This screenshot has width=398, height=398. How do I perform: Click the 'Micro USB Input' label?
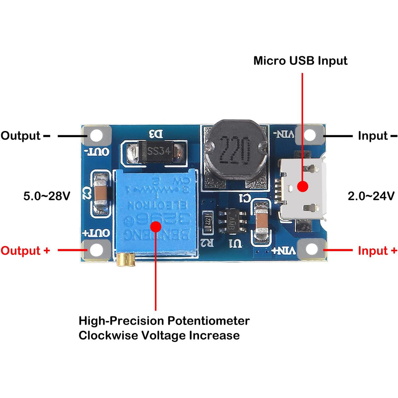coord(300,61)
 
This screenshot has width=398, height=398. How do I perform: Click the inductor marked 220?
coord(234,150)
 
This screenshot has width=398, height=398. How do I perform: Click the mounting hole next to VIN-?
coord(309,135)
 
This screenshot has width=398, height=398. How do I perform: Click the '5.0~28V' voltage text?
coord(47,196)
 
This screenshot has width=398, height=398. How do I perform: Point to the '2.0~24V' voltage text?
coord(371,196)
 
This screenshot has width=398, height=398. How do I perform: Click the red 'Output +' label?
coord(25,251)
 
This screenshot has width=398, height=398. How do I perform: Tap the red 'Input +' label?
coord(377,251)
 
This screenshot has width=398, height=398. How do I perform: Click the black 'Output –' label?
coord(25,136)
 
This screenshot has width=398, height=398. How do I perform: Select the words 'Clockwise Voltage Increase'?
coord(159,335)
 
